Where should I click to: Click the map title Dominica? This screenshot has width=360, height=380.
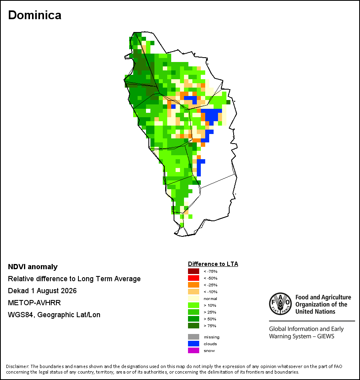pos(35,15)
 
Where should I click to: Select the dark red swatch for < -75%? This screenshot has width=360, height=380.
pos(194,271)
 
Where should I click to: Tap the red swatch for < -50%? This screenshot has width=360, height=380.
pos(194,278)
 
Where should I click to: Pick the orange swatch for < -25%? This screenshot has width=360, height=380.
pos(194,285)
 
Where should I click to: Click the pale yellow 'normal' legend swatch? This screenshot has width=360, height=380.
pos(194,298)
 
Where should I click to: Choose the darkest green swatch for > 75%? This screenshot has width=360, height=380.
pos(194,326)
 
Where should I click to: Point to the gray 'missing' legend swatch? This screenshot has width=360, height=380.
pos(194,337)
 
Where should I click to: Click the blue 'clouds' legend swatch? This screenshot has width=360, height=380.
pos(194,344)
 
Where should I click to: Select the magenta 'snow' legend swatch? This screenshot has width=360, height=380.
pos(194,350)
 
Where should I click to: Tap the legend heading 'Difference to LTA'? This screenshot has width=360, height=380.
pos(213,264)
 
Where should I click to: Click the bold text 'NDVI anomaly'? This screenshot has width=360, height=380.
pos(33,267)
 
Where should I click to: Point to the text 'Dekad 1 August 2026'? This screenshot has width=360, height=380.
pos(42,291)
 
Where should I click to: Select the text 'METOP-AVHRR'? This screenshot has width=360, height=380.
pos(34,303)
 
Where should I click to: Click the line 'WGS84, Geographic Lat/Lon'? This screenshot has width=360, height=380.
pos(54,315)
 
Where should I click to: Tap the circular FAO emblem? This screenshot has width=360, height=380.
pos(280,304)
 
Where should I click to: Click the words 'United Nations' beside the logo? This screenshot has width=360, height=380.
pos(315,312)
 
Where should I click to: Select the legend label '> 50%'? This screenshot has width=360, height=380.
pos(210,319)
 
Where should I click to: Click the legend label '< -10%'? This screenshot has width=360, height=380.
pos(210,292)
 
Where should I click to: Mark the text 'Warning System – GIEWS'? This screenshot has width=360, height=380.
pos(302,336)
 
